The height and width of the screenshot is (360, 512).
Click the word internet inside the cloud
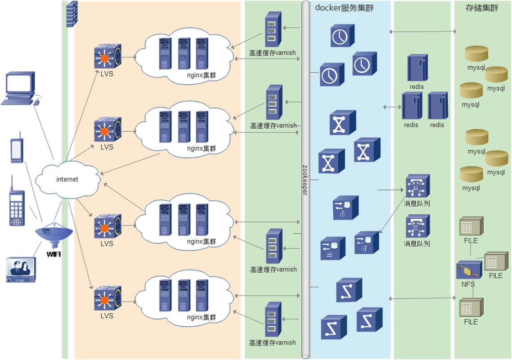coord(67,180)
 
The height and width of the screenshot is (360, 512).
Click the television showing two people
coord(21,270)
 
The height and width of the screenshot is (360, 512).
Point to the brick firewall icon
coord(72,14)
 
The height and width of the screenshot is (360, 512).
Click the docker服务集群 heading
coord(344,8)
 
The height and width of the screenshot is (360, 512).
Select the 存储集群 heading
coord(482,8)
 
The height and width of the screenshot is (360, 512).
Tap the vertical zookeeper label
coord(305,180)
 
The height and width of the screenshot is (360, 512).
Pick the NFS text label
coord(468,284)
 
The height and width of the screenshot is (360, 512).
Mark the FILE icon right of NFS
coord(496,262)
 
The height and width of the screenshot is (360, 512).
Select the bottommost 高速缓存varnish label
coord(273,342)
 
